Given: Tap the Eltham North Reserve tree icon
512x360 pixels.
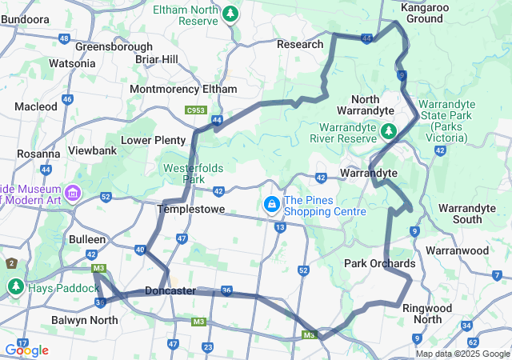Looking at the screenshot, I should point(230,14).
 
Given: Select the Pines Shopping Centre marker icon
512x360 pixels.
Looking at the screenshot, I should point(272,205).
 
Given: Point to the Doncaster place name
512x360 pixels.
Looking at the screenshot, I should point(171,290).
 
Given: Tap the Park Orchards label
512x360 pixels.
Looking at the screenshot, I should point(379,263).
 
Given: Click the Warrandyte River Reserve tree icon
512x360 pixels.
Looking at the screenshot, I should point(389,130).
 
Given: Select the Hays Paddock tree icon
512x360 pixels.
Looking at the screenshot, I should point(16,286).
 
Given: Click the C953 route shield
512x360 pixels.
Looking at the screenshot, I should point(195,110).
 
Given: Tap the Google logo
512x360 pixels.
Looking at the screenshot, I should point(27,350).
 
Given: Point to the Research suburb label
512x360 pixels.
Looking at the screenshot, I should point(300,44).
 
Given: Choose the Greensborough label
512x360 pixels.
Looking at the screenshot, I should point(114,46).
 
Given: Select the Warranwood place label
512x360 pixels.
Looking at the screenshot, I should point(457,250).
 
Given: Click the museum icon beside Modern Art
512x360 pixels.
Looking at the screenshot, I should point(74,192).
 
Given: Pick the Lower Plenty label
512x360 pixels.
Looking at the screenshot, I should point(153,140).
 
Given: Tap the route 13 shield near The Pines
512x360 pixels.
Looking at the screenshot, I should point(280,228).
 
